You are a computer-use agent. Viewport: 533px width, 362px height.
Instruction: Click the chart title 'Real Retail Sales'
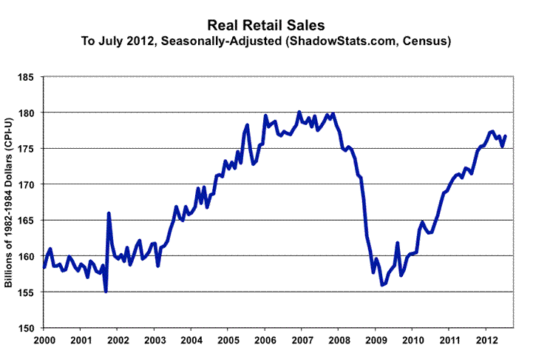pyautogui.click(x=266, y=25)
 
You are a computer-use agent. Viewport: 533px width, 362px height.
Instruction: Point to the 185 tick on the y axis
pyautogui.click(x=27, y=76)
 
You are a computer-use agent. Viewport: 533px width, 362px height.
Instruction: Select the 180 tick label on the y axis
pyautogui.click(x=27, y=113)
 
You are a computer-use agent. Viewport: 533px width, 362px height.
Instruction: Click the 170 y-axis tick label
pyautogui.click(x=27, y=184)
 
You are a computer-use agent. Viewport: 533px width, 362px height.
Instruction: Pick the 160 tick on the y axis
pyautogui.click(x=27, y=256)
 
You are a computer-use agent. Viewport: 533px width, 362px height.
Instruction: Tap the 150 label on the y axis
pyautogui.click(x=27, y=328)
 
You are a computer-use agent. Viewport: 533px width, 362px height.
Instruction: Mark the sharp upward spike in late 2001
pyautogui.click(x=109, y=213)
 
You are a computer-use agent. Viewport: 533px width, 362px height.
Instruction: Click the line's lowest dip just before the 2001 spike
pyautogui.click(x=106, y=292)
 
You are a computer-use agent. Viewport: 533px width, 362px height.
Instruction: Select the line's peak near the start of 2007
pyautogui.click(x=299, y=112)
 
